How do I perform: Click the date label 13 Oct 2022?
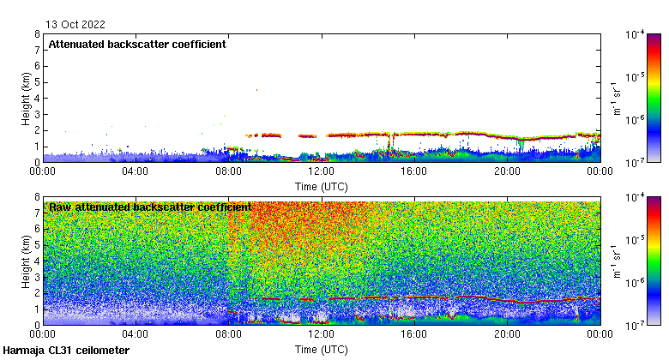(x=70, y=24)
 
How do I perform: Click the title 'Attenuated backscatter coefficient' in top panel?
(x=137, y=45)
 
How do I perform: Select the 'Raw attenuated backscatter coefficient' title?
(x=150, y=207)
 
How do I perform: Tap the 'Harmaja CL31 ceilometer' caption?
(x=66, y=351)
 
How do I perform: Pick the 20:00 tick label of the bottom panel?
(x=506, y=334)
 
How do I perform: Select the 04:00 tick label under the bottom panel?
(x=136, y=334)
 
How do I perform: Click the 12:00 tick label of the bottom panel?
(x=321, y=334)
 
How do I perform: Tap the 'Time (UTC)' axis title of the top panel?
(x=321, y=186)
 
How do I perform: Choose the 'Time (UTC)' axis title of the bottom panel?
(x=321, y=349)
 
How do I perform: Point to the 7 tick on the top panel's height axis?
(x=36, y=51)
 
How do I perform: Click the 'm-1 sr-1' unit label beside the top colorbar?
(x=615, y=98)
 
